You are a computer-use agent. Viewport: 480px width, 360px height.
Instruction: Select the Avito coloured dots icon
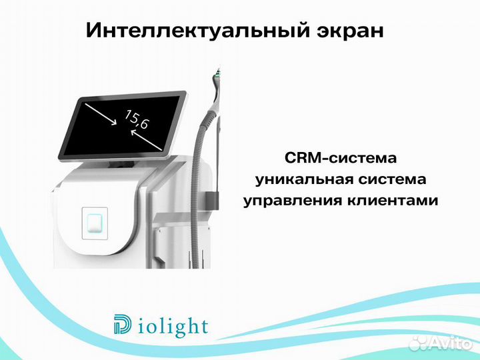click(x=418, y=343)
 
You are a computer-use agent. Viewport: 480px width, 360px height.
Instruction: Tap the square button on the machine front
click(x=94, y=222)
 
